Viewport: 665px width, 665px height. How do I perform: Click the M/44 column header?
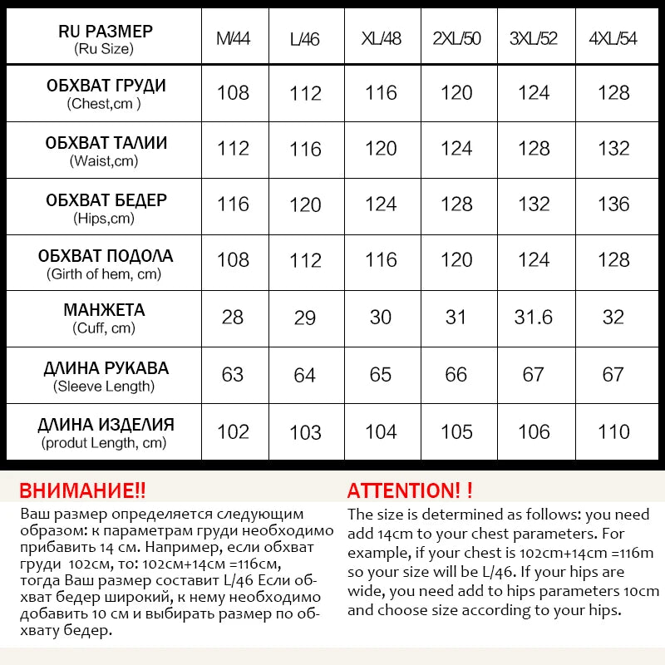pyautogui.click(x=233, y=38)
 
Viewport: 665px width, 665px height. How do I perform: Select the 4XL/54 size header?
pyautogui.click(x=613, y=38)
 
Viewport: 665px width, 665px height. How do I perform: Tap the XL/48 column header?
pyautogui.click(x=381, y=38)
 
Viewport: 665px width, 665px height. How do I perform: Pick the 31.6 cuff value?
pyautogui.click(x=534, y=318)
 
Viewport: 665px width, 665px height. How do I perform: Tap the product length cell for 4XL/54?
pyautogui.click(x=613, y=431)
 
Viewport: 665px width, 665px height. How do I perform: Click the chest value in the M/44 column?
pyautogui.click(x=233, y=92)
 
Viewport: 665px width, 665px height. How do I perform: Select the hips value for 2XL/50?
pyautogui.click(x=456, y=204)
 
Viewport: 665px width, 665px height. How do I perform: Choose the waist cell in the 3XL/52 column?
pyautogui.click(x=534, y=149)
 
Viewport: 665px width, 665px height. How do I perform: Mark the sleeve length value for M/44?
pyautogui.click(x=233, y=375)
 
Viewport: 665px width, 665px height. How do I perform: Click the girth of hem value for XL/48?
pyautogui.click(x=381, y=260)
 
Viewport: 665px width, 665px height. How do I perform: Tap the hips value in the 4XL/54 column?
pyautogui.click(x=613, y=204)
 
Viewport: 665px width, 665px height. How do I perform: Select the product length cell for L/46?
pyautogui.click(x=305, y=432)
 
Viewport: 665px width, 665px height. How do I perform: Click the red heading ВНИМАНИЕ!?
pyautogui.click(x=82, y=490)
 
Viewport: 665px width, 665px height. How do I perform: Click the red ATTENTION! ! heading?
pyautogui.click(x=410, y=490)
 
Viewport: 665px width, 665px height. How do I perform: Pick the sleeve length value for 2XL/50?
pyautogui.click(x=456, y=375)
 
